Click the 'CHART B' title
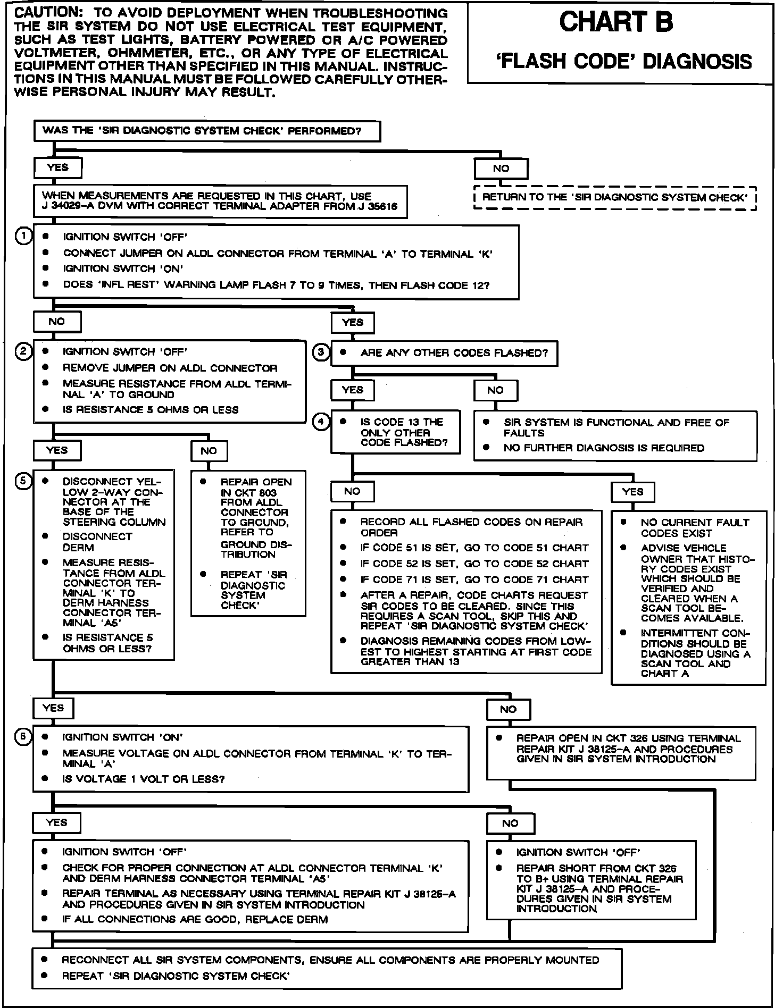[x=616, y=23]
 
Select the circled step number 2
[x=23, y=351]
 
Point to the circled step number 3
[x=321, y=352]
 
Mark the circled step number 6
[x=23, y=737]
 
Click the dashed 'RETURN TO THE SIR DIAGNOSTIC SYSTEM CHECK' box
[x=614, y=198]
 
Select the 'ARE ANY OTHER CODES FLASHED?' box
[x=444, y=353]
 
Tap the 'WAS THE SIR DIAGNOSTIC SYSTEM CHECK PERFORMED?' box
[x=207, y=131]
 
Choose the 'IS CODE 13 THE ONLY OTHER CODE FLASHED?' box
[x=396, y=432]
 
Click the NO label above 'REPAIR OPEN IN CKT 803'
[x=209, y=451]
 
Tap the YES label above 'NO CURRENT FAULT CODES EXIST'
[x=632, y=492]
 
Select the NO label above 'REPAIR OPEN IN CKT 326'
[x=508, y=709]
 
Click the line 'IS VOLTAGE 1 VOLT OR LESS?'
[x=144, y=779]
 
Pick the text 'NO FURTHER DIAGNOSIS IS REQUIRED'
[x=604, y=448]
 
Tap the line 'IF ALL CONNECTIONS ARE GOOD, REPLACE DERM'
[x=195, y=919]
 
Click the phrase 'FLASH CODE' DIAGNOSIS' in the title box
[x=623, y=62]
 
